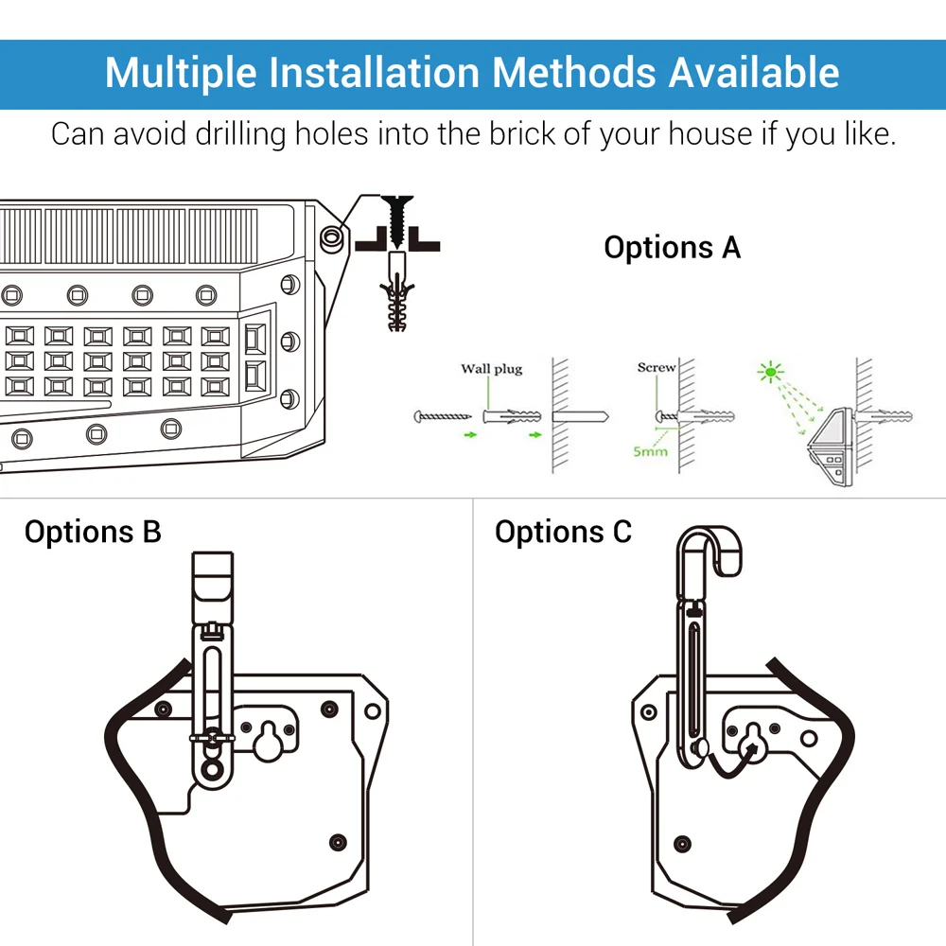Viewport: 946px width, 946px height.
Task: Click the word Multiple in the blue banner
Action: click(181, 74)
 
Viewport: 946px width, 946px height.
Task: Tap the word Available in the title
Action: click(754, 73)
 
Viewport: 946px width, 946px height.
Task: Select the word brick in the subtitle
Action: click(521, 133)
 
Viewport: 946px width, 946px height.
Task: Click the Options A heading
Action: click(672, 247)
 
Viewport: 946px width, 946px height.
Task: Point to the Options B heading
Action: click(93, 532)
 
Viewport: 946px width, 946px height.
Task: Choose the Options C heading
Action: click(563, 532)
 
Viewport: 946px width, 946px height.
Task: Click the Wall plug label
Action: click(492, 369)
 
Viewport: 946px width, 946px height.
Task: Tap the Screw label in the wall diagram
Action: click(657, 367)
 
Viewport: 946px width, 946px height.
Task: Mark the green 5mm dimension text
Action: click(651, 451)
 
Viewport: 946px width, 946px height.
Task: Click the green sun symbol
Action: click(770, 372)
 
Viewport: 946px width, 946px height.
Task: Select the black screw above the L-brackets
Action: click(397, 219)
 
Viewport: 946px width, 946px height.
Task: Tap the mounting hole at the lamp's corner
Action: click(331, 237)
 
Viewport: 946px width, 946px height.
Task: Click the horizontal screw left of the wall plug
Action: click(442, 416)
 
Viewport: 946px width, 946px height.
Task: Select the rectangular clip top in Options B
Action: click(212, 586)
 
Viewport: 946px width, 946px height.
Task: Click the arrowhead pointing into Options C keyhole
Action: click(751, 749)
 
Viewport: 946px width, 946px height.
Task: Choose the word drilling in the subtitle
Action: click(240, 134)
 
